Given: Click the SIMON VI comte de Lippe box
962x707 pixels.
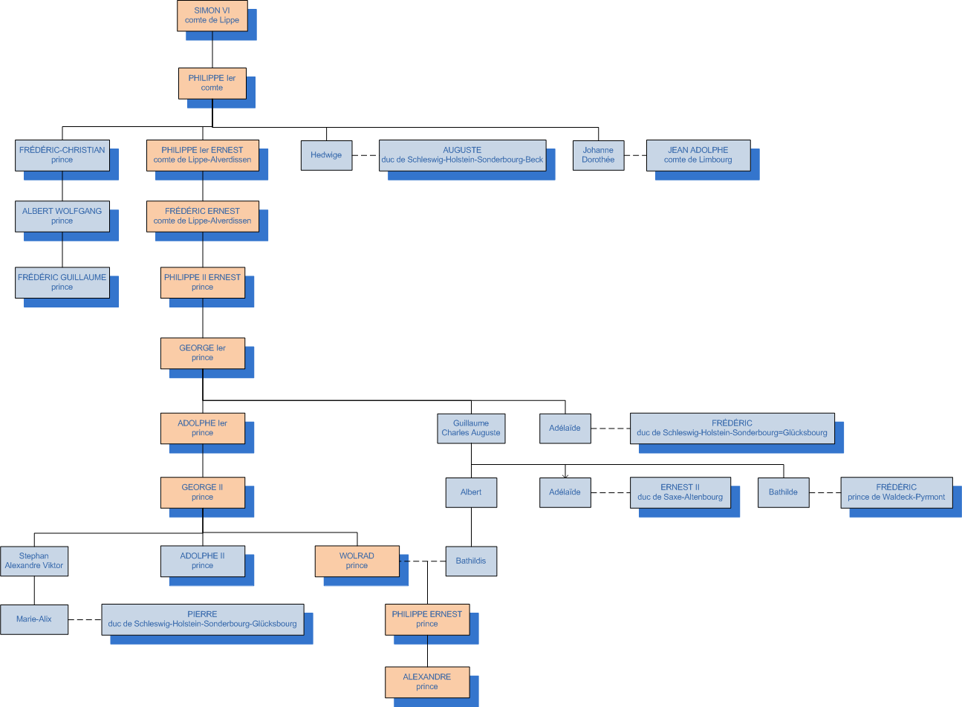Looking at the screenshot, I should coord(212,16).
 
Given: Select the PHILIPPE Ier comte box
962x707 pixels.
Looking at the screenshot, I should coord(212,83).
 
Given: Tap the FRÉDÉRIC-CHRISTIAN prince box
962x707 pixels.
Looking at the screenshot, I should coord(62,155).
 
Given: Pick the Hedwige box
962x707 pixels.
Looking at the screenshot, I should coord(326,155).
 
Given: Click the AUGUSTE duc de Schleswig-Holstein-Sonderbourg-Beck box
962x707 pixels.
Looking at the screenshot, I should coord(462,155).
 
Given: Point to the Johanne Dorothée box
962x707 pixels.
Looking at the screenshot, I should coord(598,155).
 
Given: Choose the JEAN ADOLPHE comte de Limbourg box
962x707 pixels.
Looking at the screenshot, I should coord(698,155).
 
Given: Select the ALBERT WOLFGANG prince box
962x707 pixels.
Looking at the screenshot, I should coord(62,216).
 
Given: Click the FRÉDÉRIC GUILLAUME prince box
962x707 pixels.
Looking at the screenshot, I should coord(62,282).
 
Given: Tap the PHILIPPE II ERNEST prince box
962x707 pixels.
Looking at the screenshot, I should coord(202,282).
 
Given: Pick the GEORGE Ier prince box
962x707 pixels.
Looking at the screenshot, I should coord(202,353).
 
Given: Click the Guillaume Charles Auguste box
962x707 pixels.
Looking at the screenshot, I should coord(471,429).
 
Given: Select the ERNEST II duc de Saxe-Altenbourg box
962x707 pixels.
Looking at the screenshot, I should coord(680,492).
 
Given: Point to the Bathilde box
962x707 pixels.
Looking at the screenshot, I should coord(783,492).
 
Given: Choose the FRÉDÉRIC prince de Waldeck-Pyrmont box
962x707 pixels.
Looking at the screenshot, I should coord(896,492).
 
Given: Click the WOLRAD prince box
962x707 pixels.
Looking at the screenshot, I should coord(357,561).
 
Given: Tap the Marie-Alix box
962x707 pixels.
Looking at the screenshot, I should coord(34,619).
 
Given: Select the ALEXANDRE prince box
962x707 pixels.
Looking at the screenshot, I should coord(427,682).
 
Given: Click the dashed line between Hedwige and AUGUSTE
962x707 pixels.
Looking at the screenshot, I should coord(365,155).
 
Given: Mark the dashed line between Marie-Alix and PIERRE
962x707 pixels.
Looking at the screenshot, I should coord(85,619).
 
